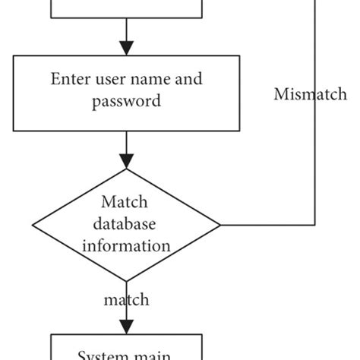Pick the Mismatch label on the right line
coord(310,95)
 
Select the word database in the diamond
coord(127,224)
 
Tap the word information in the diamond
coord(127,245)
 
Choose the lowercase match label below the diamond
coord(126,299)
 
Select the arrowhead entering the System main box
coord(127,325)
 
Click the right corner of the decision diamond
coord(220,225)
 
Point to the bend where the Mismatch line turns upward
coord(314,225)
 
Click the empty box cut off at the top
coord(127,8)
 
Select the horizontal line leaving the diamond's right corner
coord(266,225)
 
